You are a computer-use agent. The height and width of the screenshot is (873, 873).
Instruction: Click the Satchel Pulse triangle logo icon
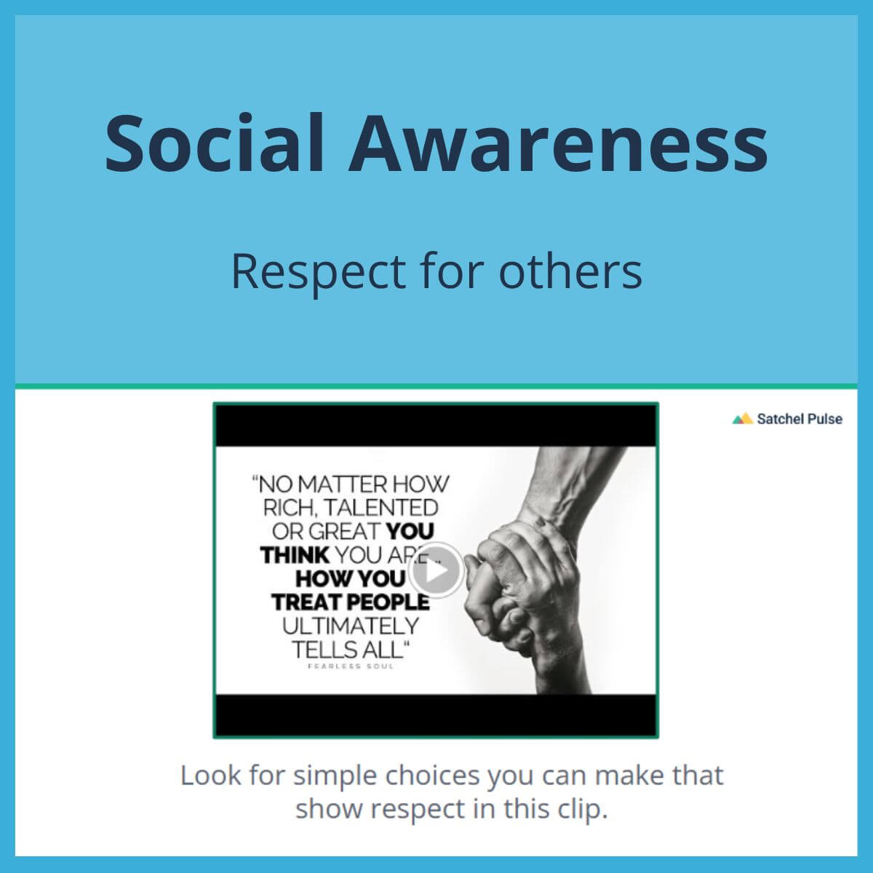pos(742,419)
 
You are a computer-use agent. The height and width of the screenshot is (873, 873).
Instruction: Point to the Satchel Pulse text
pos(800,419)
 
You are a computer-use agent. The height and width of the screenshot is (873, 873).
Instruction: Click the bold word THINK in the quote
pos(295,555)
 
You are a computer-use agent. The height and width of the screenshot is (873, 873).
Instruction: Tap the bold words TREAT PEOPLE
pos(351,602)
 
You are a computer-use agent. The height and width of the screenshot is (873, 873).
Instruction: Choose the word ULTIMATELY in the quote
pos(351,626)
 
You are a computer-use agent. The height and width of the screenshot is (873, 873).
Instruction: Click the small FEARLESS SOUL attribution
pos(351,666)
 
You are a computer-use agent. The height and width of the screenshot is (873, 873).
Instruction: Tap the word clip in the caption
pos(582,809)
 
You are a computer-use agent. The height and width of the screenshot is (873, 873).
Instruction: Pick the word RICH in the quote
pos(286,507)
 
